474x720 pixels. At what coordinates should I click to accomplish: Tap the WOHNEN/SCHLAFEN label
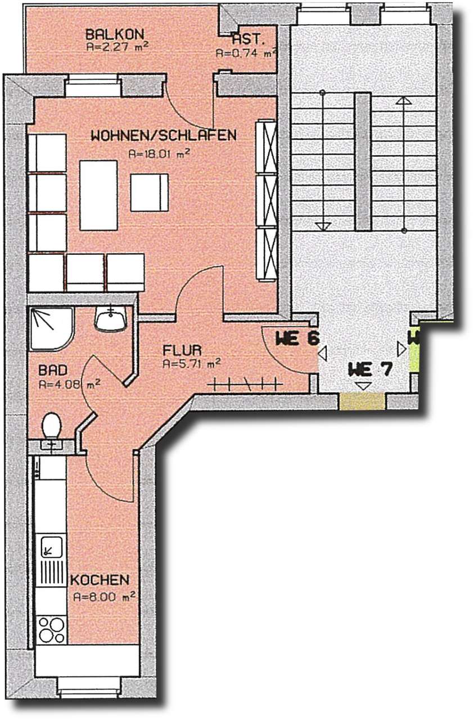(164, 136)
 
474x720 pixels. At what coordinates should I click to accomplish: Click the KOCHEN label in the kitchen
(100, 579)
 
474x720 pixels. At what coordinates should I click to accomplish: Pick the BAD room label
(53, 371)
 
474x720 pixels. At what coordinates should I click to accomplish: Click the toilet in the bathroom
(52, 426)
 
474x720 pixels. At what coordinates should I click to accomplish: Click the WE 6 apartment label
(297, 339)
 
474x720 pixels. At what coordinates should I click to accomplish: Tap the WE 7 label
(369, 370)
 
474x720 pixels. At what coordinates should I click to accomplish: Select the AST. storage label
(245, 40)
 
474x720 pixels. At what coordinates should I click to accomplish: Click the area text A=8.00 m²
(103, 597)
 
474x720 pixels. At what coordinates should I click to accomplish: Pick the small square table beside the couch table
(149, 192)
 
